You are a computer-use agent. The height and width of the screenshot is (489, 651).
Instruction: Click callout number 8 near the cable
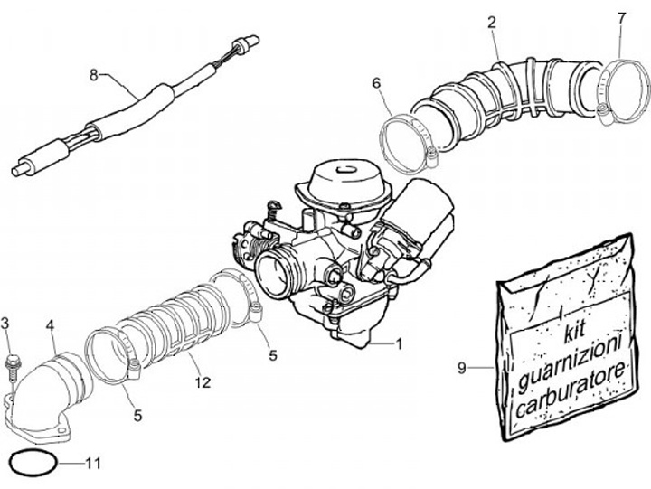(93, 76)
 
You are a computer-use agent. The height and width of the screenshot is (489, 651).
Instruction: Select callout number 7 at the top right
(621, 18)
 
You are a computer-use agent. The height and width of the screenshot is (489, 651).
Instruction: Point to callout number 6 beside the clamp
(376, 84)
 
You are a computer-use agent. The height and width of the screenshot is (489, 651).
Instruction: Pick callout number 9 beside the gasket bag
(461, 368)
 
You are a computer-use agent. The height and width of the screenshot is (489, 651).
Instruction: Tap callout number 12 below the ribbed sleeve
(202, 382)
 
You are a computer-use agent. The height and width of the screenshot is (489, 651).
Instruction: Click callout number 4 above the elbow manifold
(50, 324)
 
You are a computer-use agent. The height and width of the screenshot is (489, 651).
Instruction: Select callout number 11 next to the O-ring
(94, 464)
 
